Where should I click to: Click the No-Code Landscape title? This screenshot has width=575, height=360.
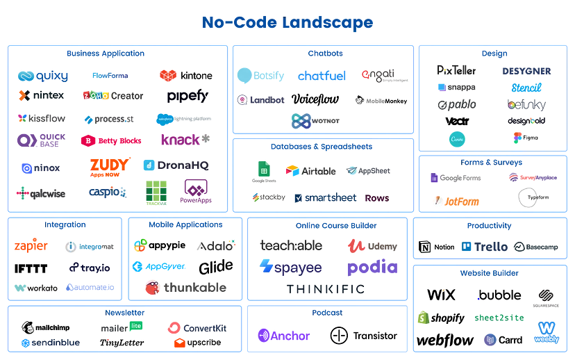pyautogui.click(x=287, y=23)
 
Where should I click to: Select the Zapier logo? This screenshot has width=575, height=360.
pyautogui.click(x=31, y=246)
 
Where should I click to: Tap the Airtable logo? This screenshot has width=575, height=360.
pyautogui.click(x=310, y=170)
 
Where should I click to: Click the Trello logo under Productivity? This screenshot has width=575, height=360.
pyautogui.click(x=485, y=247)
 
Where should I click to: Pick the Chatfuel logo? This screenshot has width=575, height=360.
pyautogui.click(x=322, y=76)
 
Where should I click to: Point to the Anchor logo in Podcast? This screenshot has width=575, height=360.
pyautogui.click(x=283, y=336)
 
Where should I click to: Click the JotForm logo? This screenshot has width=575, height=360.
pyautogui.click(x=456, y=202)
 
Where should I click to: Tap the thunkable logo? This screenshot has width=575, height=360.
pyautogui.click(x=185, y=286)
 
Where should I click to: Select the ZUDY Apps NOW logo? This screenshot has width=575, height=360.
pyautogui.click(x=110, y=167)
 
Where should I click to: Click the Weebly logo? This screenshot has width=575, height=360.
pyautogui.click(x=547, y=332)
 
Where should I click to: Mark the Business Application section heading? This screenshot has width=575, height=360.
pyautogui.click(x=106, y=54)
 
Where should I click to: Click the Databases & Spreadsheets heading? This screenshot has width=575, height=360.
pyautogui.click(x=322, y=147)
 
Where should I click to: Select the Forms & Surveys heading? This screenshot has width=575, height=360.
pyautogui.click(x=491, y=163)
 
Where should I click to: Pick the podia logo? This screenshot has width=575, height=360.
pyautogui.click(x=372, y=268)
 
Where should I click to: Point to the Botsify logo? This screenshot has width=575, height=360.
pyautogui.click(x=262, y=75)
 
